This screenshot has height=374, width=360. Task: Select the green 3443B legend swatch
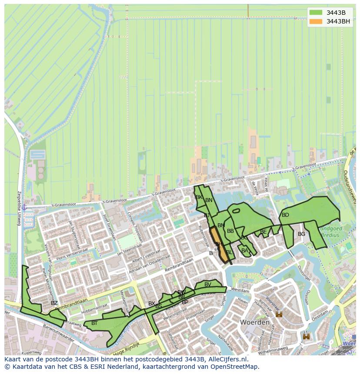point(316,13)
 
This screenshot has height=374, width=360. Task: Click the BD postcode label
point(285,215)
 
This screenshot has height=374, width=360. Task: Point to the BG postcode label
point(301,234)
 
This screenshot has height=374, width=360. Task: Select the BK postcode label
point(199,197)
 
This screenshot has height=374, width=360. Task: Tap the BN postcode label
point(209,200)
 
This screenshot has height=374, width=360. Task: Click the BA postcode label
point(244,251)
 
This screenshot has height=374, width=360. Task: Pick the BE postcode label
point(263,232)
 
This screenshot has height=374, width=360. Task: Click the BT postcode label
point(94,323)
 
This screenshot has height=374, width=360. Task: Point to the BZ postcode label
point(54,303)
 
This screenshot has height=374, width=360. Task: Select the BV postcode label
point(208,285)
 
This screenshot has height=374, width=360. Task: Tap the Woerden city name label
point(254,323)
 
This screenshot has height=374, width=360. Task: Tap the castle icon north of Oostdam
point(279,314)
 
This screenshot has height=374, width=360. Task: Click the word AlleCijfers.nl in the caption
point(226,359)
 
